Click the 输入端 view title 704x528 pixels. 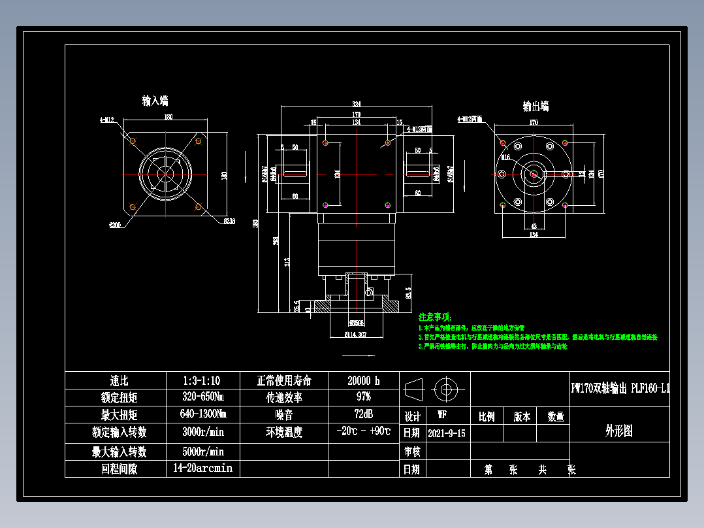tap(155, 101)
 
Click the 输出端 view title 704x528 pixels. tap(535, 107)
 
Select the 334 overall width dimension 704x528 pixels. tap(357, 105)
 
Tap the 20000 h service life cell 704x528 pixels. tap(364, 380)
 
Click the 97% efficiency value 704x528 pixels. tap(364, 397)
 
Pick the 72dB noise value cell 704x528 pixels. tap(364, 414)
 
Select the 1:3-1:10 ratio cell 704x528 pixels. tap(202, 380)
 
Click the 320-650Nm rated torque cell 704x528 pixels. tap(202, 397)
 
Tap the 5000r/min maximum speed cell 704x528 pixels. tap(202, 452)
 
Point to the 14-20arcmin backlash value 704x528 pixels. tap(202, 469)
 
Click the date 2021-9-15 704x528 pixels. tap(447, 433)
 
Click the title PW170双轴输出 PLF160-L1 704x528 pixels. tap(620, 389)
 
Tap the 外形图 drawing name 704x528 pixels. tap(619, 431)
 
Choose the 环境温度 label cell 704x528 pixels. tap(283, 432)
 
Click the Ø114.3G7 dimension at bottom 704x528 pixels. tap(356, 335)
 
